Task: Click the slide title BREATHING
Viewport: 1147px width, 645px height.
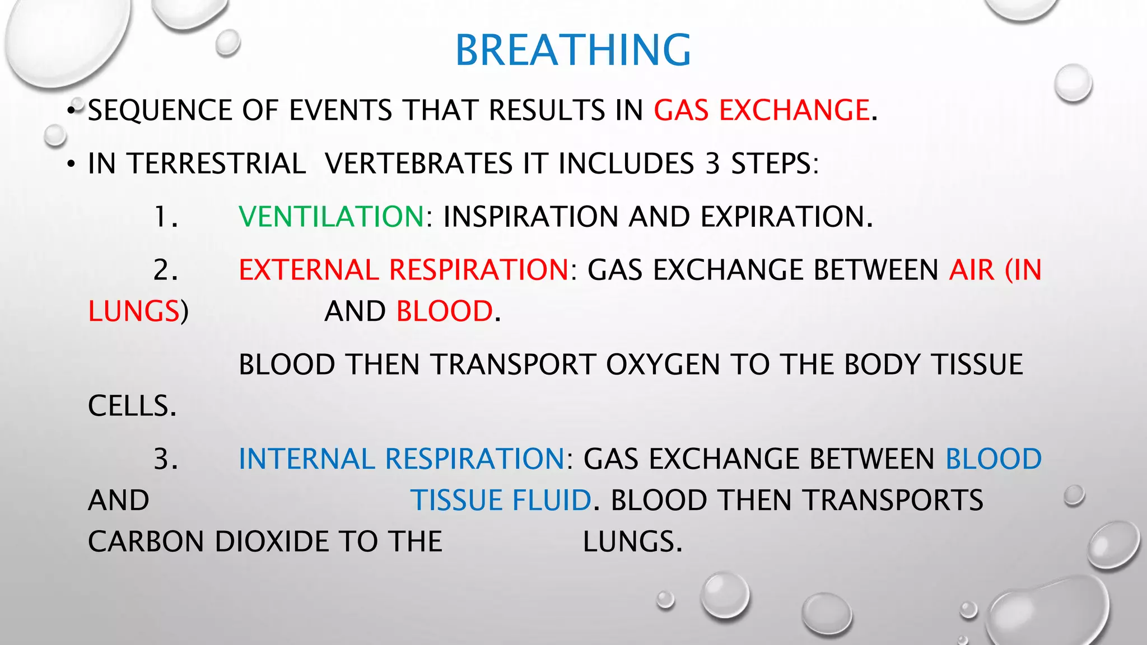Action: (573, 50)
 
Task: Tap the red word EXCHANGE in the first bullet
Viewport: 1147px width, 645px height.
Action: (794, 110)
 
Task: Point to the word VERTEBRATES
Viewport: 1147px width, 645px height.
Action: (418, 164)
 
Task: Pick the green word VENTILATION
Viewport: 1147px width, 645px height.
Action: (332, 217)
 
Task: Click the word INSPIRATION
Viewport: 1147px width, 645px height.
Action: (530, 217)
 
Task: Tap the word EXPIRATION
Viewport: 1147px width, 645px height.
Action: (786, 217)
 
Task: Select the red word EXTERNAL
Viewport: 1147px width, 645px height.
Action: (309, 270)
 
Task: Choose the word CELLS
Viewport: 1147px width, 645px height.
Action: (132, 406)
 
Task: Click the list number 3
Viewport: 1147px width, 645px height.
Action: (165, 459)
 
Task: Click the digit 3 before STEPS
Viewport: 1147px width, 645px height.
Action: (712, 164)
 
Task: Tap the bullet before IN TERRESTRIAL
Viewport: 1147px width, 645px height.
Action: (71, 165)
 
